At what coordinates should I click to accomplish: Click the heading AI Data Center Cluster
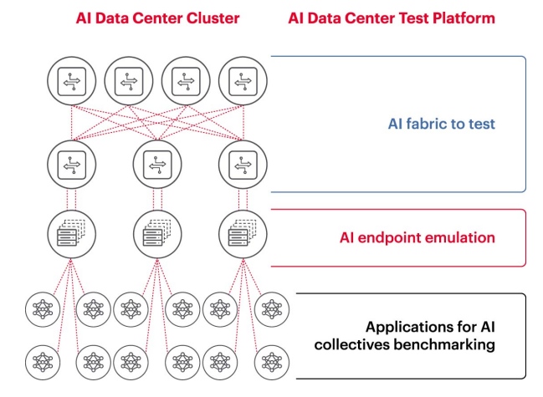[x=157, y=18]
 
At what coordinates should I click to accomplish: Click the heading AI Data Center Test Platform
[x=392, y=18]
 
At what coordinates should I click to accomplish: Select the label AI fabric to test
[x=442, y=124]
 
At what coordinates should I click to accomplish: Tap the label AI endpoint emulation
[x=417, y=237]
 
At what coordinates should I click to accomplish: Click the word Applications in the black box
[x=403, y=327]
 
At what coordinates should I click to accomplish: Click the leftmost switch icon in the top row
[x=69, y=81]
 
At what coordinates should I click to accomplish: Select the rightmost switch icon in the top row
[x=242, y=81]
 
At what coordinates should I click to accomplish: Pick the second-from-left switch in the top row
[x=127, y=81]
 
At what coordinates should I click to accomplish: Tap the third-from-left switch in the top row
[x=185, y=81]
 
